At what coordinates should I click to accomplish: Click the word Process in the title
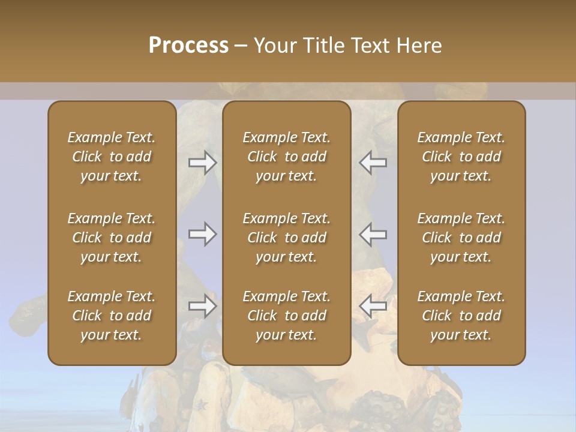[x=188, y=46]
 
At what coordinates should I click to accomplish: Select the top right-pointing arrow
[x=202, y=163]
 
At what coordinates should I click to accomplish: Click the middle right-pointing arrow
[x=202, y=234]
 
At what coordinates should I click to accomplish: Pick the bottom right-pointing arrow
[x=202, y=306]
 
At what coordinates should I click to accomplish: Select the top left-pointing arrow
[x=373, y=163]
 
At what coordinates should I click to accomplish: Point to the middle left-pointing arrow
[x=373, y=234]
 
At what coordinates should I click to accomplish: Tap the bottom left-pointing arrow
[x=373, y=306]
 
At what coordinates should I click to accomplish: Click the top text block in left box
[x=112, y=157]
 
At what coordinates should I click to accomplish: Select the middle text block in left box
[x=112, y=238]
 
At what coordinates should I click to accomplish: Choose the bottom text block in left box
[x=112, y=316]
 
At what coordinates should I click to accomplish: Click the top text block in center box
[x=286, y=157]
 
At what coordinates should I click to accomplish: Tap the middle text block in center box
[x=286, y=238]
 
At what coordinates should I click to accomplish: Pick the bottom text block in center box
[x=286, y=316]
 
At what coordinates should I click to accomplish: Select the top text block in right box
[x=461, y=157]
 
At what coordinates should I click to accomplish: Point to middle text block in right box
[x=461, y=238]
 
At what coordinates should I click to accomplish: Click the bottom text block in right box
[x=461, y=316]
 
